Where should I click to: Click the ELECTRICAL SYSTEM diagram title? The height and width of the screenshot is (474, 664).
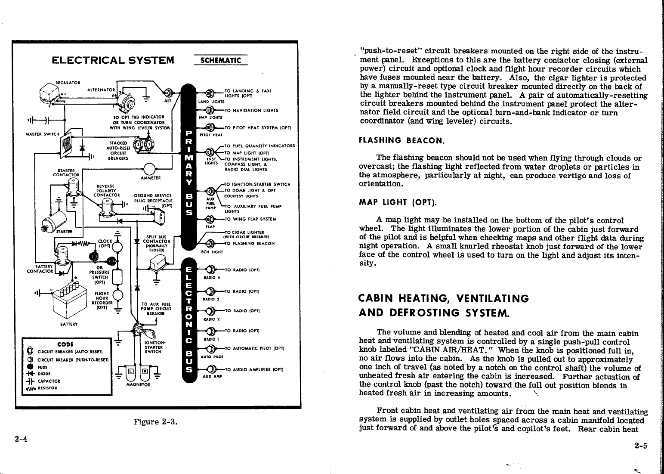(x=113, y=60)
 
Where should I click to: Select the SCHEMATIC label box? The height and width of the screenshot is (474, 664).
(x=221, y=61)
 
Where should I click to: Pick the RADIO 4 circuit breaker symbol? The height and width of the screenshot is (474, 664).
(x=210, y=270)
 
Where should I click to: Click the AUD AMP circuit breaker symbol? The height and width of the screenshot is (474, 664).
(x=210, y=369)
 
